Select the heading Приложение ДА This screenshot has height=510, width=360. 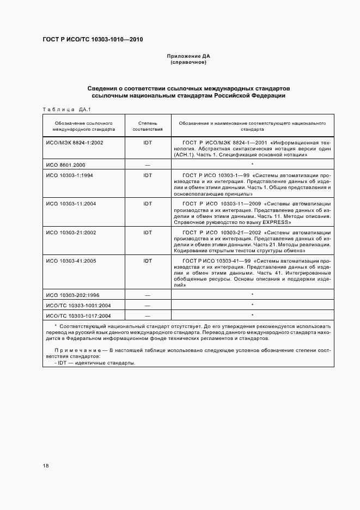click(188, 56)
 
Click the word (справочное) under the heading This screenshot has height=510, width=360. click(188, 62)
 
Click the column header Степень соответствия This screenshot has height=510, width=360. click(147, 126)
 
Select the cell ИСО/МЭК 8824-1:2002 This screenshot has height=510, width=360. click(75, 142)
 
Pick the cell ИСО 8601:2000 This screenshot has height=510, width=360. click(65, 164)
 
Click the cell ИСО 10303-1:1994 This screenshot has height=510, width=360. click(70, 175)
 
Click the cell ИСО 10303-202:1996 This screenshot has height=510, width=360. click(73, 294)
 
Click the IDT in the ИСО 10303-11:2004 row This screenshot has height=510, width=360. click(147, 203)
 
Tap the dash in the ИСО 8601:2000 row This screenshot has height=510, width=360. click(147, 164)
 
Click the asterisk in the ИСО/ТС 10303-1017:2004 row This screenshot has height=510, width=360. click(253, 315)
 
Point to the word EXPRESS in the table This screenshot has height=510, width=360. click(271, 222)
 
